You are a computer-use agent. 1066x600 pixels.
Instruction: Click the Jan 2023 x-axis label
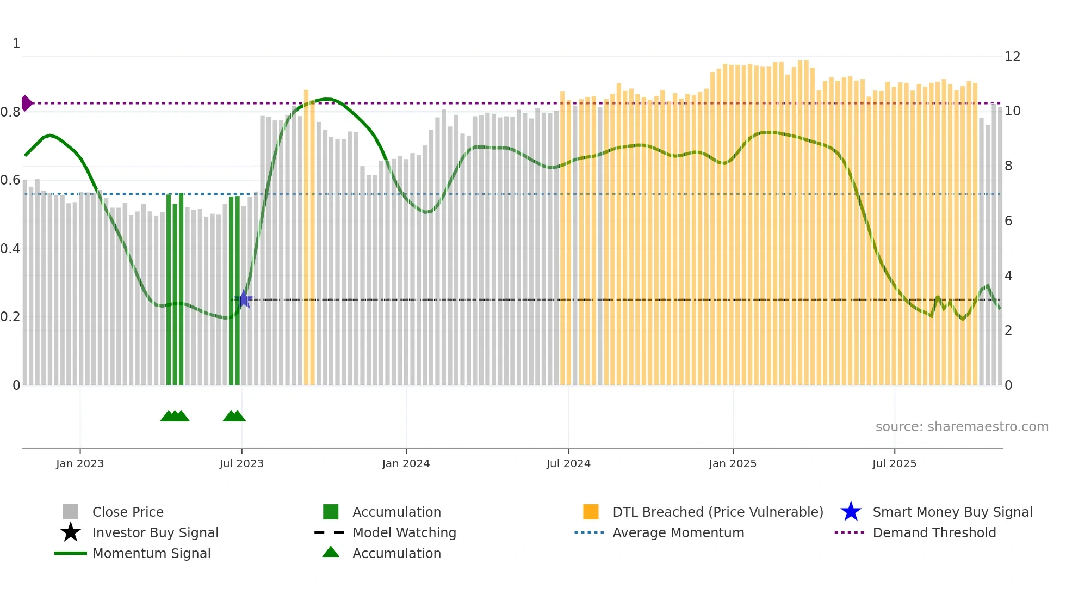80,464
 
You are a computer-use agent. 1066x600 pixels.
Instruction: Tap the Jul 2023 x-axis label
241,464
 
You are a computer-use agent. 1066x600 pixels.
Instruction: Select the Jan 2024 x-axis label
406,464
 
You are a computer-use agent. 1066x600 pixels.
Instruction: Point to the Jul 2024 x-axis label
568,464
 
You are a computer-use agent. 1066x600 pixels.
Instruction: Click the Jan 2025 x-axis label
733,464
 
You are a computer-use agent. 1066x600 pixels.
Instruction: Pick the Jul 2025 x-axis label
894,464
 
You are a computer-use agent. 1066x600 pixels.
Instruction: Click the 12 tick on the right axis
1012,57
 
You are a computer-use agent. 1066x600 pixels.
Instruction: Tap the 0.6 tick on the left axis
10,180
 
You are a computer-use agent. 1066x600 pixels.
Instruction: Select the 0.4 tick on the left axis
10,249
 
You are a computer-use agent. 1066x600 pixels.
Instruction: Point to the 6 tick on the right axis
1008,221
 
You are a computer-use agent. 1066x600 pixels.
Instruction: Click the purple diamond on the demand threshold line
26,103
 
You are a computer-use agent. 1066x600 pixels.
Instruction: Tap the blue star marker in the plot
244,299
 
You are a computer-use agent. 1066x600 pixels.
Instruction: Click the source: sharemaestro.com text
962,427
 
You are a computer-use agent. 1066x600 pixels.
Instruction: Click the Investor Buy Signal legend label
155,533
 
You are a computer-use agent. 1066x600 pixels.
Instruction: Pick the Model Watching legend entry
404,533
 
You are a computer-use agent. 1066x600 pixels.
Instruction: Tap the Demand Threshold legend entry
934,533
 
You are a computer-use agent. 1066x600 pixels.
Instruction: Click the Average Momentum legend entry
678,533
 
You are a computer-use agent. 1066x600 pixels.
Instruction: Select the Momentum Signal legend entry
151,554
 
